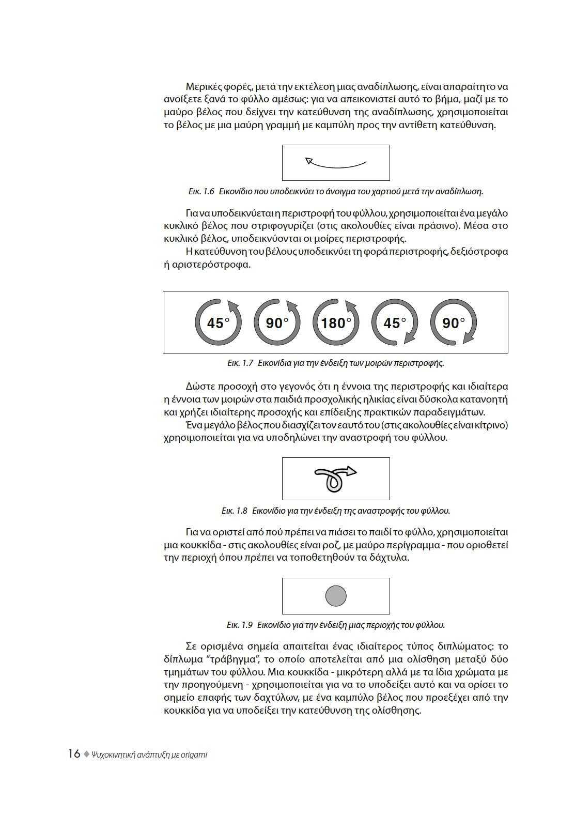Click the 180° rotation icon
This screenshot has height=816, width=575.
tap(336, 322)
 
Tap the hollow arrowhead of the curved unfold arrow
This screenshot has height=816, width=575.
tap(309, 161)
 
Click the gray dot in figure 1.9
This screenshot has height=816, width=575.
tap(336, 596)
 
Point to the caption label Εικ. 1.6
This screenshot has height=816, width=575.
tap(201, 191)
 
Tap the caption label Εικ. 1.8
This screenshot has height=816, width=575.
tap(235, 511)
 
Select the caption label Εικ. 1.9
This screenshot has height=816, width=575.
tap(239, 625)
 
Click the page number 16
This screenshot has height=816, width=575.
tap(74, 754)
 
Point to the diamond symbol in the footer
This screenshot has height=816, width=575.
tap(86, 754)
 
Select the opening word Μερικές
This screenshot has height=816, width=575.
tap(205, 86)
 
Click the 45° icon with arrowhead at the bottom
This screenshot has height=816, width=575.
tap(395, 322)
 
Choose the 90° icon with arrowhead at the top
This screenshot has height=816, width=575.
tap(277, 322)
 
